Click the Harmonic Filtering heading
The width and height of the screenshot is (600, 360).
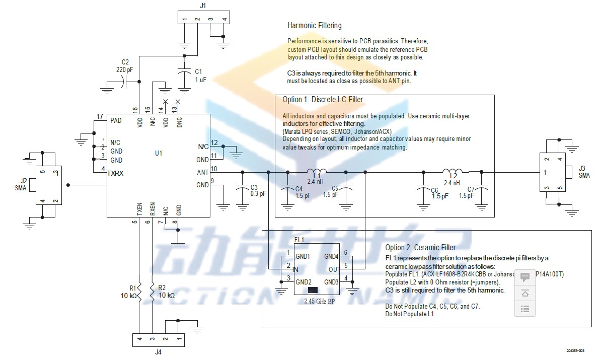click(x=314, y=25)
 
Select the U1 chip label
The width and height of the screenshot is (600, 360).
click(x=159, y=153)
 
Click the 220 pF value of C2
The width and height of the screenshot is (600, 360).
click(x=124, y=70)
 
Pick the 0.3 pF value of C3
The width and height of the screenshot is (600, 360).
click(x=258, y=194)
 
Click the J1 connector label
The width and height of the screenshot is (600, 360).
click(x=203, y=6)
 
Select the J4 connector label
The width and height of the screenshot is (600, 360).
click(x=158, y=352)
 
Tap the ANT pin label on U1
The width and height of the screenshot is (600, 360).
click(x=202, y=172)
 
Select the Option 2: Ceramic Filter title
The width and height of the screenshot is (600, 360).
click(x=420, y=247)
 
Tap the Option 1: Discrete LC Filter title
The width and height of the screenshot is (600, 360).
click(x=323, y=100)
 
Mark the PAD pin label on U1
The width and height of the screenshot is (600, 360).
click(x=116, y=120)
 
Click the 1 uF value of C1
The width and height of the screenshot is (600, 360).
click(x=200, y=80)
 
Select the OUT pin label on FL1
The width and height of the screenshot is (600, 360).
click(x=334, y=269)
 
